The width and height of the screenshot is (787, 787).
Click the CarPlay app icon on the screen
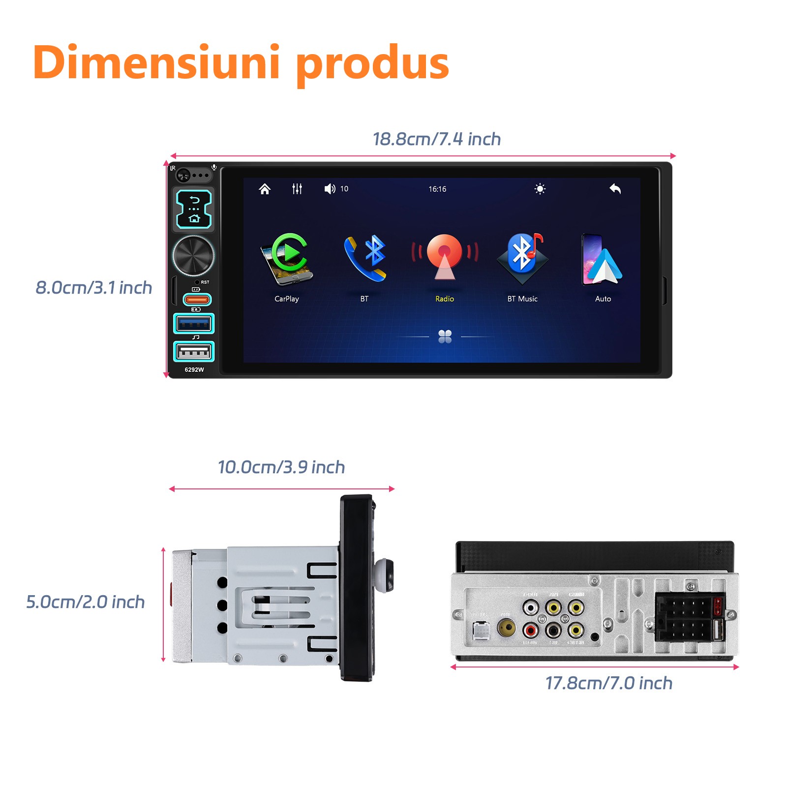[287, 259]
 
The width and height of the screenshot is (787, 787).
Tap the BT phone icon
[365, 258]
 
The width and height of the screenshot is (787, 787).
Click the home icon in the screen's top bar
[265, 189]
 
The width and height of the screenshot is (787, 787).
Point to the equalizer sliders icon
[297, 189]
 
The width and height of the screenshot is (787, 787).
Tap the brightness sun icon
[540, 189]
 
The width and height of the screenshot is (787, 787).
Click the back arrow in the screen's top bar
[615, 189]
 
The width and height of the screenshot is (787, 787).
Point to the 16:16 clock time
[437, 189]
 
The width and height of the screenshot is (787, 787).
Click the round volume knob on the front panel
[193, 255]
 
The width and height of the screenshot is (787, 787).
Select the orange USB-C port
[197, 299]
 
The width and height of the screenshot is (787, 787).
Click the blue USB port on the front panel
[194, 324]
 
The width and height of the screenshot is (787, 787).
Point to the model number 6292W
[194, 369]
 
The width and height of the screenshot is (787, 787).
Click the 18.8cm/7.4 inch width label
[437, 139]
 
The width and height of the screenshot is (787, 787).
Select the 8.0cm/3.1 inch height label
[94, 288]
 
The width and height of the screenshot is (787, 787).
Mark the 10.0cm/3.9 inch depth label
[281, 467]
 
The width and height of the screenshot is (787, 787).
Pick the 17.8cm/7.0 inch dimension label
[609, 683]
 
